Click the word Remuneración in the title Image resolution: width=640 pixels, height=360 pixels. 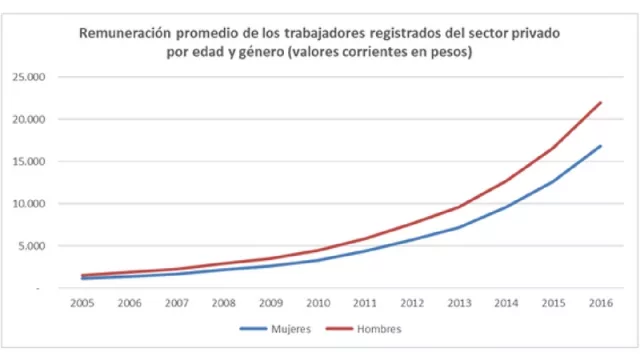click(128, 33)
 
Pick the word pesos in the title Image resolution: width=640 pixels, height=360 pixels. click(447, 52)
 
